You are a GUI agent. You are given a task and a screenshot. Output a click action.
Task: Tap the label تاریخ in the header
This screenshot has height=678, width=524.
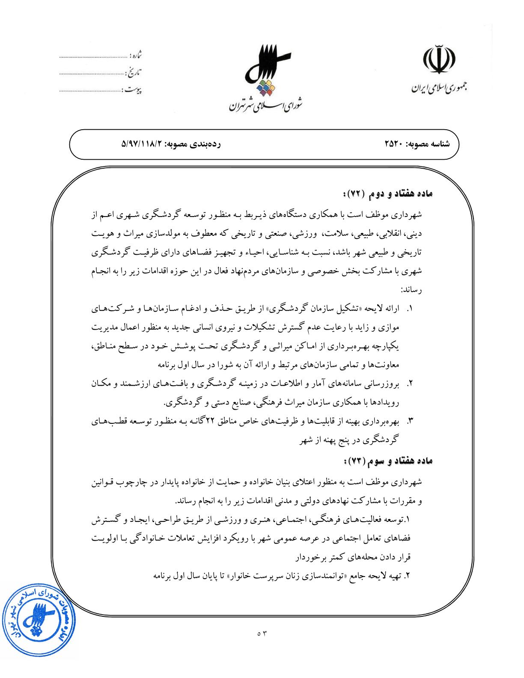135,72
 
